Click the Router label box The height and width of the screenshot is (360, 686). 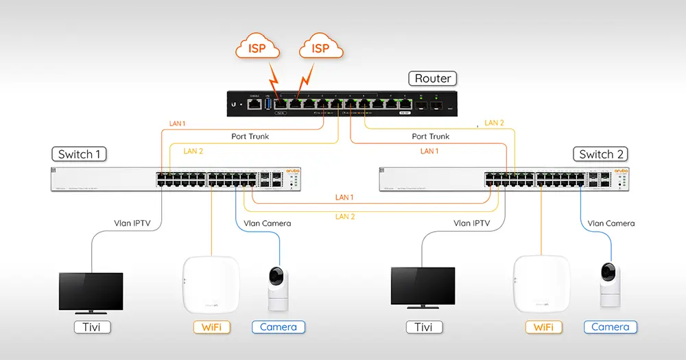(x=433, y=78)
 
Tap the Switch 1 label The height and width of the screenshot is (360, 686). (x=79, y=154)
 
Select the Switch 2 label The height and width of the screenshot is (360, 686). (x=600, y=154)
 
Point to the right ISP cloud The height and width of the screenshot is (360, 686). (x=320, y=48)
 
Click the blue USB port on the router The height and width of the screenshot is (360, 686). (x=268, y=104)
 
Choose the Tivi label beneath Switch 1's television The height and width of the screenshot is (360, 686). (x=91, y=327)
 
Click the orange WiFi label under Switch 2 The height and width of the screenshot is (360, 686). (x=543, y=327)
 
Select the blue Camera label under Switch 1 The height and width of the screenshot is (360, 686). (x=279, y=327)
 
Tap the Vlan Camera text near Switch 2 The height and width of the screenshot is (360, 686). (x=611, y=223)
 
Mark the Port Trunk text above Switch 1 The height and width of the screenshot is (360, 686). (x=250, y=136)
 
